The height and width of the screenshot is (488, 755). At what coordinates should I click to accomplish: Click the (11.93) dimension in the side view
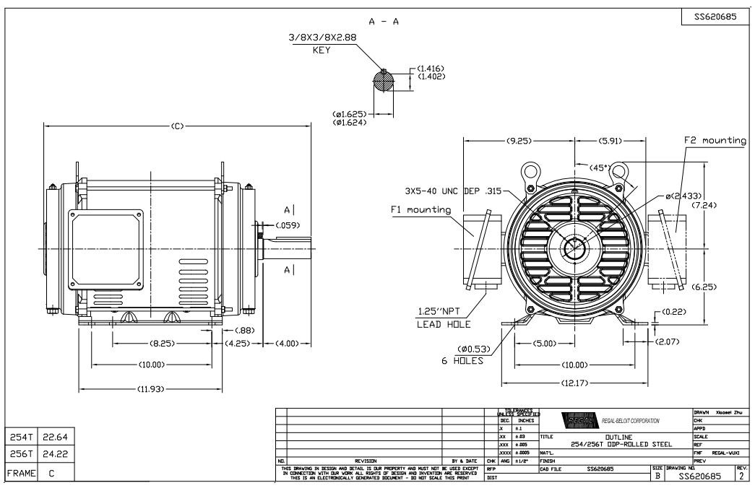152,388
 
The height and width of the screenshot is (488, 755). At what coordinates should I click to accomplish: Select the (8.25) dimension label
160,343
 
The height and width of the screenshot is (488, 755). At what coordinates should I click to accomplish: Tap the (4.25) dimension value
238,343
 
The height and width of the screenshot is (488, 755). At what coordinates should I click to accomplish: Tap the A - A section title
384,22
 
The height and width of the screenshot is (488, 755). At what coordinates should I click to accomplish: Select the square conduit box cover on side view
106,245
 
